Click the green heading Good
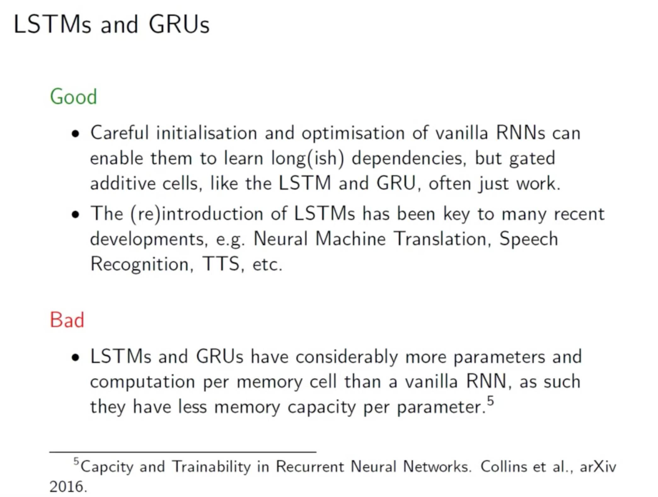pyautogui.click(x=73, y=96)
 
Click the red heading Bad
pyautogui.click(x=67, y=320)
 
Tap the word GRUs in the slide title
pyautogui.click(x=179, y=25)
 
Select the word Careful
pyautogui.click(x=119, y=132)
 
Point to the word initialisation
pyautogui.click(x=206, y=132)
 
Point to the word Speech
pyautogui.click(x=528, y=239)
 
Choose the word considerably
pyautogui.click(x=347, y=357)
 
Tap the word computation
pyautogui.click(x=142, y=382)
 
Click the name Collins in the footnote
pyautogui.click(x=504, y=466)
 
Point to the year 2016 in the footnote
pyautogui.click(x=66, y=487)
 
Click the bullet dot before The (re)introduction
pyautogui.click(x=75, y=215)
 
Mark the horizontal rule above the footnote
pyautogui.click(x=183, y=452)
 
